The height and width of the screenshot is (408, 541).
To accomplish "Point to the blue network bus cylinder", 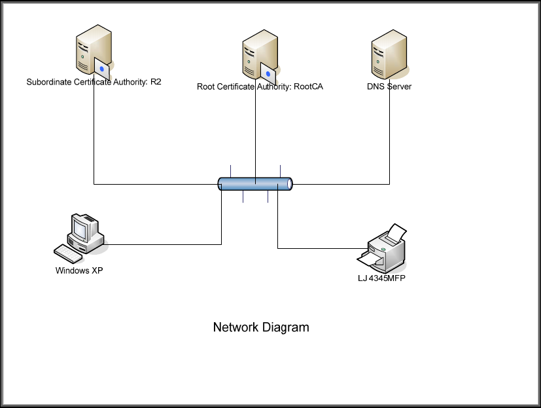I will point(255,184).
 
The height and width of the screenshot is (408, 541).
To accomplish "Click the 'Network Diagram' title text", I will point(261,327).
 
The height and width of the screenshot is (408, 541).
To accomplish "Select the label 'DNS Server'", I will point(389,86).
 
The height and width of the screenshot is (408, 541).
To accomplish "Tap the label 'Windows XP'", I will point(79,270).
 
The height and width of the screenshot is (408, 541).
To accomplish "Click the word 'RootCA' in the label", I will point(309,86).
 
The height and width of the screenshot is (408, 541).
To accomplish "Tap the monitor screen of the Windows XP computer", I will point(80,229).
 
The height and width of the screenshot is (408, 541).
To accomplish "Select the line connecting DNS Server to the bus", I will point(390,144).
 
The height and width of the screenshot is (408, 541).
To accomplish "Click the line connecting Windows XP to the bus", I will point(164,244).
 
